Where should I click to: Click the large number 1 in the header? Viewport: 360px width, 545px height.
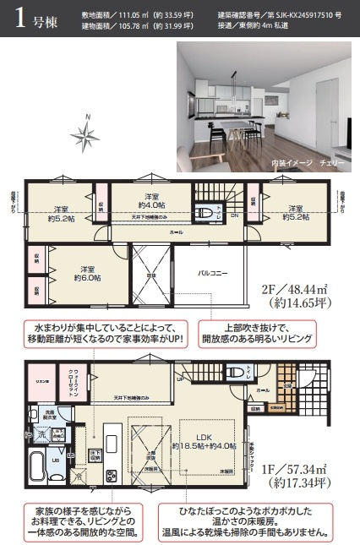pyautogui.click(x=19, y=21)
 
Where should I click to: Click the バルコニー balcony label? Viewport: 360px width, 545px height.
pyautogui.click(x=211, y=275)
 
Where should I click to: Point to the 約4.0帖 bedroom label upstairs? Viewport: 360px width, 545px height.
pyautogui.click(x=151, y=202)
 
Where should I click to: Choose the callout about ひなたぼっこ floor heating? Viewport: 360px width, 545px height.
pyautogui.click(x=249, y=521)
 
